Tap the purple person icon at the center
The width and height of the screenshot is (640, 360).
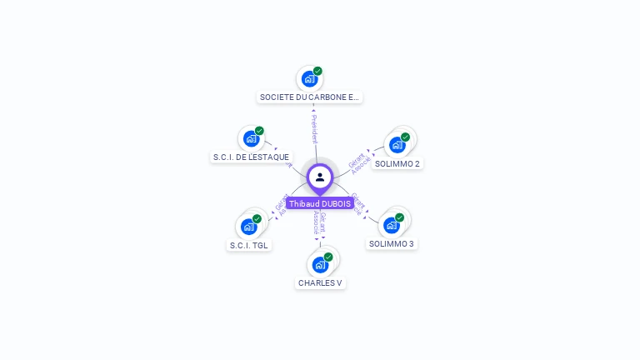click(x=320, y=177)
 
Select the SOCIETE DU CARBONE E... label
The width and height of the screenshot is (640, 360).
click(x=310, y=97)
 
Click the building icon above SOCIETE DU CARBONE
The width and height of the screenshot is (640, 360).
click(x=309, y=79)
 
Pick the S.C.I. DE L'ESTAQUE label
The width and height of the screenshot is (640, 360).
click(x=251, y=157)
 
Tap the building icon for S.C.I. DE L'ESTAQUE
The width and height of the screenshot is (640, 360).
click(x=251, y=139)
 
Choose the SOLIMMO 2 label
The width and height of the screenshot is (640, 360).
click(x=397, y=163)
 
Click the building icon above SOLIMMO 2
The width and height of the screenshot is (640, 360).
click(x=397, y=145)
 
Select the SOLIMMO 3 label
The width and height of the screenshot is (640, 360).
click(x=392, y=244)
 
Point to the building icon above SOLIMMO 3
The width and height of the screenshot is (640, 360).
click(x=391, y=225)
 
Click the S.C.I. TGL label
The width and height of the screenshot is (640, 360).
click(x=249, y=246)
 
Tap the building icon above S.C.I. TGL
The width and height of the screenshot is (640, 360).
click(x=248, y=227)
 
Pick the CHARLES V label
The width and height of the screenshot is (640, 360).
click(x=320, y=283)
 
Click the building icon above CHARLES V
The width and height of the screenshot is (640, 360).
click(x=320, y=265)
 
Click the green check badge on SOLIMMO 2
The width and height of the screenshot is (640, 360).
click(x=405, y=137)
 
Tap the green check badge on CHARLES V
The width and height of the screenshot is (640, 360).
click(x=328, y=257)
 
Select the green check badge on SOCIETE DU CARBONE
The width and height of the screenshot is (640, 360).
click(x=317, y=72)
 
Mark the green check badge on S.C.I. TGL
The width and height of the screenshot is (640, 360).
click(x=257, y=219)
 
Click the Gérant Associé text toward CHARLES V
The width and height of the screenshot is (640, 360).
click(x=319, y=224)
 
